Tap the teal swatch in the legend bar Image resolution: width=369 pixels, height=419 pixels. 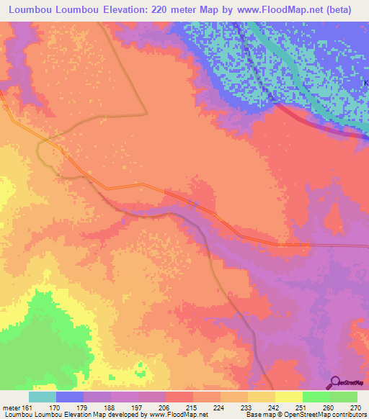43,396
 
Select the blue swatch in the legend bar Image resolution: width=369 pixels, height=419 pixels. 70,396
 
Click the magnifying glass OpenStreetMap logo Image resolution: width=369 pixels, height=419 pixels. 335,382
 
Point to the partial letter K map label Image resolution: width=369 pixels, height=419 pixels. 365,84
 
